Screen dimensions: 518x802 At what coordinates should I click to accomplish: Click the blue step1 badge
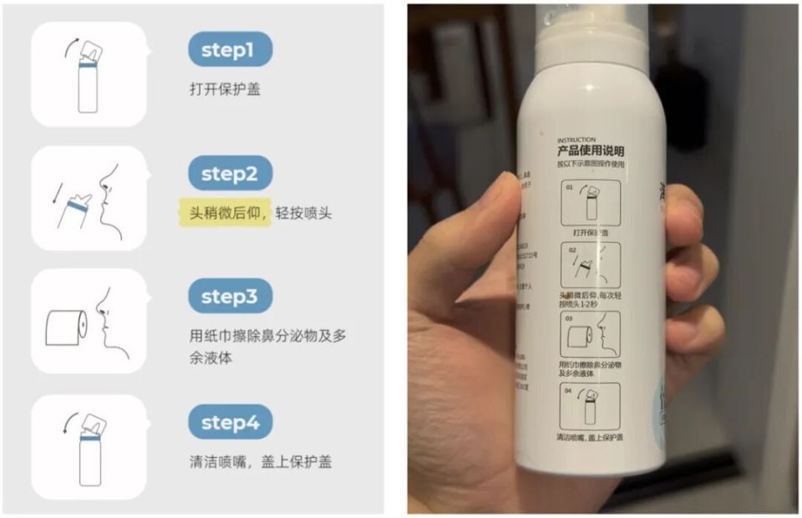(231, 50)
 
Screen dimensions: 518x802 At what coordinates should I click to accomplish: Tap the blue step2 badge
(231, 174)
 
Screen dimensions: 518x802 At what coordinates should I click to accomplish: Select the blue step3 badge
(231, 297)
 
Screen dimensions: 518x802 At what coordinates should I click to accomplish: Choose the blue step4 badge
(231, 422)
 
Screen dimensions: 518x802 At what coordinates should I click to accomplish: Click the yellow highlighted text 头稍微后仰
(225, 213)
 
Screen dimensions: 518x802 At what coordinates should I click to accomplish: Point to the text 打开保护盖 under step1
(225, 89)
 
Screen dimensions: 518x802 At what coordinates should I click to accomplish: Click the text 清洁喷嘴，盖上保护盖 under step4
(261, 461)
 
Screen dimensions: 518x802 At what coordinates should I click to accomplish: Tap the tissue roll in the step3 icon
(66, 326)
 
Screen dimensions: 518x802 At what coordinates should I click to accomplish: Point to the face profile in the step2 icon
(109, 201)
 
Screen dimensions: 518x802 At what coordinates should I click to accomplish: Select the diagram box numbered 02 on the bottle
(591, 266)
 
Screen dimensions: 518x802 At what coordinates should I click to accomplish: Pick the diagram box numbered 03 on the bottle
(591, 335)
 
